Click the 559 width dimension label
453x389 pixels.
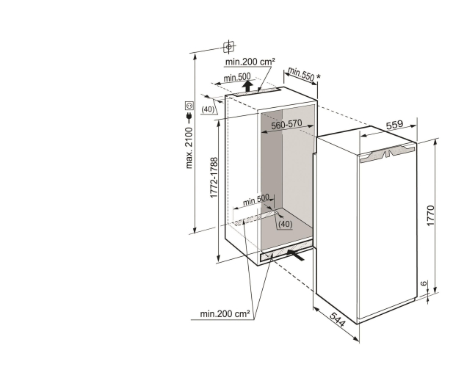394,124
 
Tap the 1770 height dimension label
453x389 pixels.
430,216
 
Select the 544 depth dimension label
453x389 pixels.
337,320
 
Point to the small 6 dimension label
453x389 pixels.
423,283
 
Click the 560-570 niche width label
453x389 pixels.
286,125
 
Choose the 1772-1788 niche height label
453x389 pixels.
214,178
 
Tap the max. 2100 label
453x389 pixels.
189,148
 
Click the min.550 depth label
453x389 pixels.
301,74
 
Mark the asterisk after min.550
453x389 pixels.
319,76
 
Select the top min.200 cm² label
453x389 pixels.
250,62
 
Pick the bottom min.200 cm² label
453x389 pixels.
225,313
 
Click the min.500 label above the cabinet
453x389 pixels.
237,77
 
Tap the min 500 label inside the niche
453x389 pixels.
256,200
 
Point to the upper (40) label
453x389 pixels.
208,109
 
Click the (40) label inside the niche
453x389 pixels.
285,224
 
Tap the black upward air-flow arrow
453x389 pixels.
247,86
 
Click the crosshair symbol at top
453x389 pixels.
229,46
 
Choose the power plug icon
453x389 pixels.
189,117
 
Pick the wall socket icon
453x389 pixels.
189,106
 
